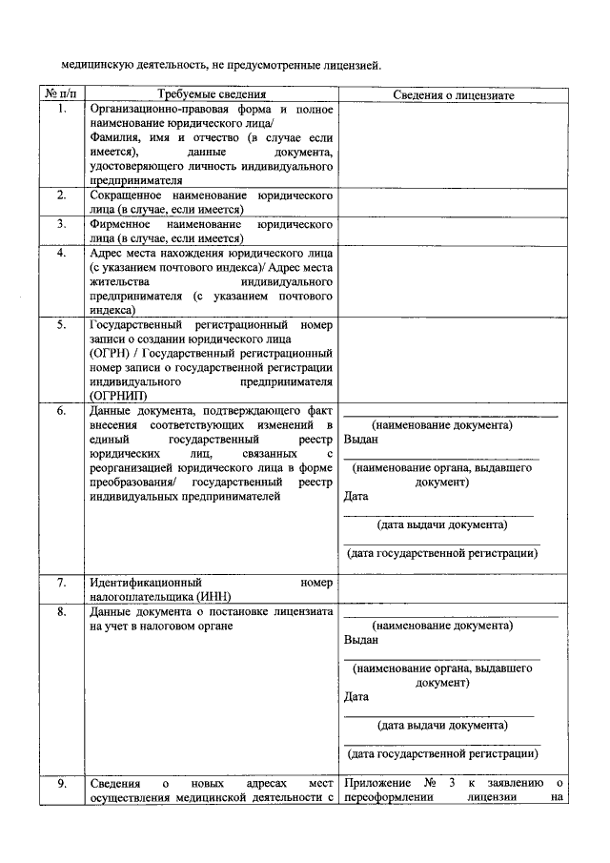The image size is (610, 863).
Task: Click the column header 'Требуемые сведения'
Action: tap(211, 95)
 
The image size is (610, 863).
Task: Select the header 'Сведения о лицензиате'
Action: tap(454, 95)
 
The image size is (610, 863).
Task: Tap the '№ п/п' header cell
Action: tap(60, 95)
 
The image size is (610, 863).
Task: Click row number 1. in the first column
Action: tap(61, 110)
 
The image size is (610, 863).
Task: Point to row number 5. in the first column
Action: tap(61, 324)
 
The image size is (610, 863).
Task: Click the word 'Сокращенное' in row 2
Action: tap(127, 195)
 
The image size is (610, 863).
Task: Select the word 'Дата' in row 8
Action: tap(356, 696)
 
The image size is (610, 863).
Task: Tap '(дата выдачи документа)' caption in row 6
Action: tap(441, 525)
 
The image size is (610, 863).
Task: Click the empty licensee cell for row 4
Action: tap(454, 281)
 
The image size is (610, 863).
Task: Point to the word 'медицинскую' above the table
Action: tap(98, 65)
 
